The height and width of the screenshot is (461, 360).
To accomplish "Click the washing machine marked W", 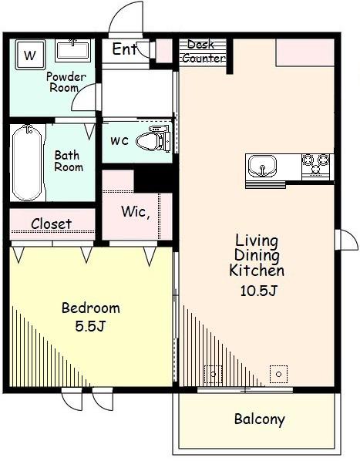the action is (x=30, y=55).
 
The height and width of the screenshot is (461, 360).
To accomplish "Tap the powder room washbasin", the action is (x=73, y=50).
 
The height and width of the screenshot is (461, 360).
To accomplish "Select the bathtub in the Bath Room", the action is (x=28, y=163).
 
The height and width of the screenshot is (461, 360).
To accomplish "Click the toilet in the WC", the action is (x=153, y=140).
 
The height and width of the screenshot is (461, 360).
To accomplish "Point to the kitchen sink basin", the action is (x=262, y=166).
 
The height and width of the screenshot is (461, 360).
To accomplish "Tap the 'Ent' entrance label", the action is (x=125, y=49).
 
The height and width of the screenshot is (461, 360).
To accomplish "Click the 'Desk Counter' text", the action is (x=203, y=52).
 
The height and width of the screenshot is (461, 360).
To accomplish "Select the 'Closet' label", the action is (x=51, y=224).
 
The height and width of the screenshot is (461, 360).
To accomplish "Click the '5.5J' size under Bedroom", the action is (x=90, y=326).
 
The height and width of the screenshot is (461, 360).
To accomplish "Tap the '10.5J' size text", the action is (x=258, y=291).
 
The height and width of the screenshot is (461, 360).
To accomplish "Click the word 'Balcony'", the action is (x=260, y=419).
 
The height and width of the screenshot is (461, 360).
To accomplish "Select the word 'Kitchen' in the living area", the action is (x=257, y=271).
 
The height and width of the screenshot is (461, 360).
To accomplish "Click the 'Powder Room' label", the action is (x=66, y=82).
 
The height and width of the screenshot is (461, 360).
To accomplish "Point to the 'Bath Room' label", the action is (x=69, y=161).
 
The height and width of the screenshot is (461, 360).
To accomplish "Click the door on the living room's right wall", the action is (x=347, y=240).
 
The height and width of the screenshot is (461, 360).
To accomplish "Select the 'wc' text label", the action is (x=119, y=141).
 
